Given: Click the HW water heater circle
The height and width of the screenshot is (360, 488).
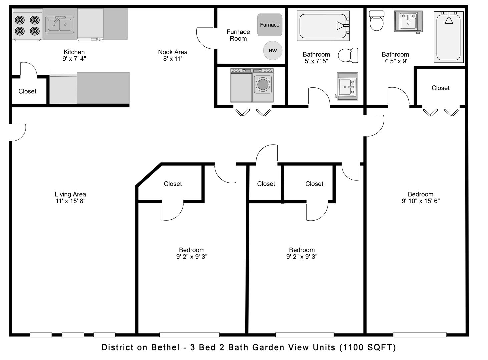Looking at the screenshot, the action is click(x=273, y=51).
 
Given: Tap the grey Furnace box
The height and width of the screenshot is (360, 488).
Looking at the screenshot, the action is click(x=269, y=25).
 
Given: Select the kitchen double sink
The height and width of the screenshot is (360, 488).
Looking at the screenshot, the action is click(x=60, y=24).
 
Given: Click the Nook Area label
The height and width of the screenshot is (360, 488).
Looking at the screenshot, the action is click(x=173, y=52).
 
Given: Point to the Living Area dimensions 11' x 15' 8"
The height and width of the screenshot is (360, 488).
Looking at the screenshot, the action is click(x=70, y=201).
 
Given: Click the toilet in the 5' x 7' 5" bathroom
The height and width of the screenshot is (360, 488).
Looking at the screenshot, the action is click(x=348, y=55).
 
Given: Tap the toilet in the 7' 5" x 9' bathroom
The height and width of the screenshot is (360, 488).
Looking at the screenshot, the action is click(x=377, y=21).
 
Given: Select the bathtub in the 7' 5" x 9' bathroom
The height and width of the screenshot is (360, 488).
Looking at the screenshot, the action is click(x=449, y=37).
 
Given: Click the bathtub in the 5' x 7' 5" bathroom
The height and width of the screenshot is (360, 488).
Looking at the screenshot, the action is click(x=323, y=26).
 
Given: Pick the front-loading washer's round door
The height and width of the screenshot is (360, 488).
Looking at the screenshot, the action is click(x=263, y=84).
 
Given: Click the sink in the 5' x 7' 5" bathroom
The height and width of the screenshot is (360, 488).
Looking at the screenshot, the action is click(x=347, y=87).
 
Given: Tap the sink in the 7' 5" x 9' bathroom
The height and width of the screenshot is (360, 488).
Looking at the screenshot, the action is click(x=408, y=21).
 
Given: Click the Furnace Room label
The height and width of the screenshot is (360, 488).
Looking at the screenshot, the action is click(x=238, y=35).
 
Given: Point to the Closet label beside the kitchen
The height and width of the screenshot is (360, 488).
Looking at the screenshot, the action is click(x=27, y=91).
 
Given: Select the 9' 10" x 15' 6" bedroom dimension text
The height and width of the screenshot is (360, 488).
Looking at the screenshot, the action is click(x=421, y=201).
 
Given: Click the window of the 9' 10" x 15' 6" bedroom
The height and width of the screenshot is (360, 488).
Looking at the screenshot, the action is click(x=420, y=335).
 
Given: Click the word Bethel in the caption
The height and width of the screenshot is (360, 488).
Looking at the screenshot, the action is click(x=165, y=347).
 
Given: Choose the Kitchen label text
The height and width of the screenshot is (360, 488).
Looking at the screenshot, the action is click(x=74, y=52).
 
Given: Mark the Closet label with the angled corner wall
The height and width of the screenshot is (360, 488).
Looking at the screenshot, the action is click(x=173, y=184).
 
